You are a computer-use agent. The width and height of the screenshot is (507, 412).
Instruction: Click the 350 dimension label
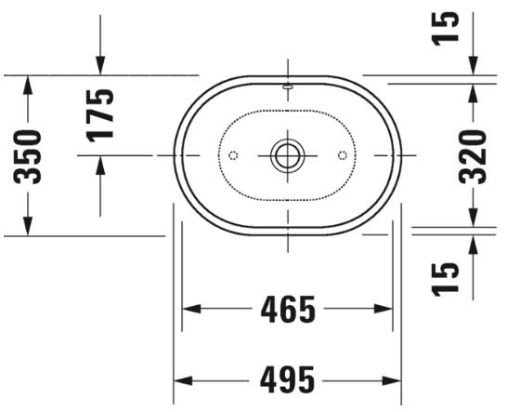click(30, 155)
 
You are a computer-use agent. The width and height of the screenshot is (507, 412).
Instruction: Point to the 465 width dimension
click(288, 310)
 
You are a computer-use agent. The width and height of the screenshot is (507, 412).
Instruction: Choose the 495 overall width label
click(288, 381)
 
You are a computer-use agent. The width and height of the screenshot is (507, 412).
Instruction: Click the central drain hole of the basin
click(287, 154)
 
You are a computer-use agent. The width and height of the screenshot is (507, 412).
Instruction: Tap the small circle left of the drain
click(233, 154)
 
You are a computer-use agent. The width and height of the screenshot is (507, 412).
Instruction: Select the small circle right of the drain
click(342, 154)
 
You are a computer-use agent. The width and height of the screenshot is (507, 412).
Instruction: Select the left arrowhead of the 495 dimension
click(183, 381)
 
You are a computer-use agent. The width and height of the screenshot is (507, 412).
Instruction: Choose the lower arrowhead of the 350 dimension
click(30, 226)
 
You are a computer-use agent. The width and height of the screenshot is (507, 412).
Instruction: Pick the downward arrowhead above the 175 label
click(100, 64)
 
